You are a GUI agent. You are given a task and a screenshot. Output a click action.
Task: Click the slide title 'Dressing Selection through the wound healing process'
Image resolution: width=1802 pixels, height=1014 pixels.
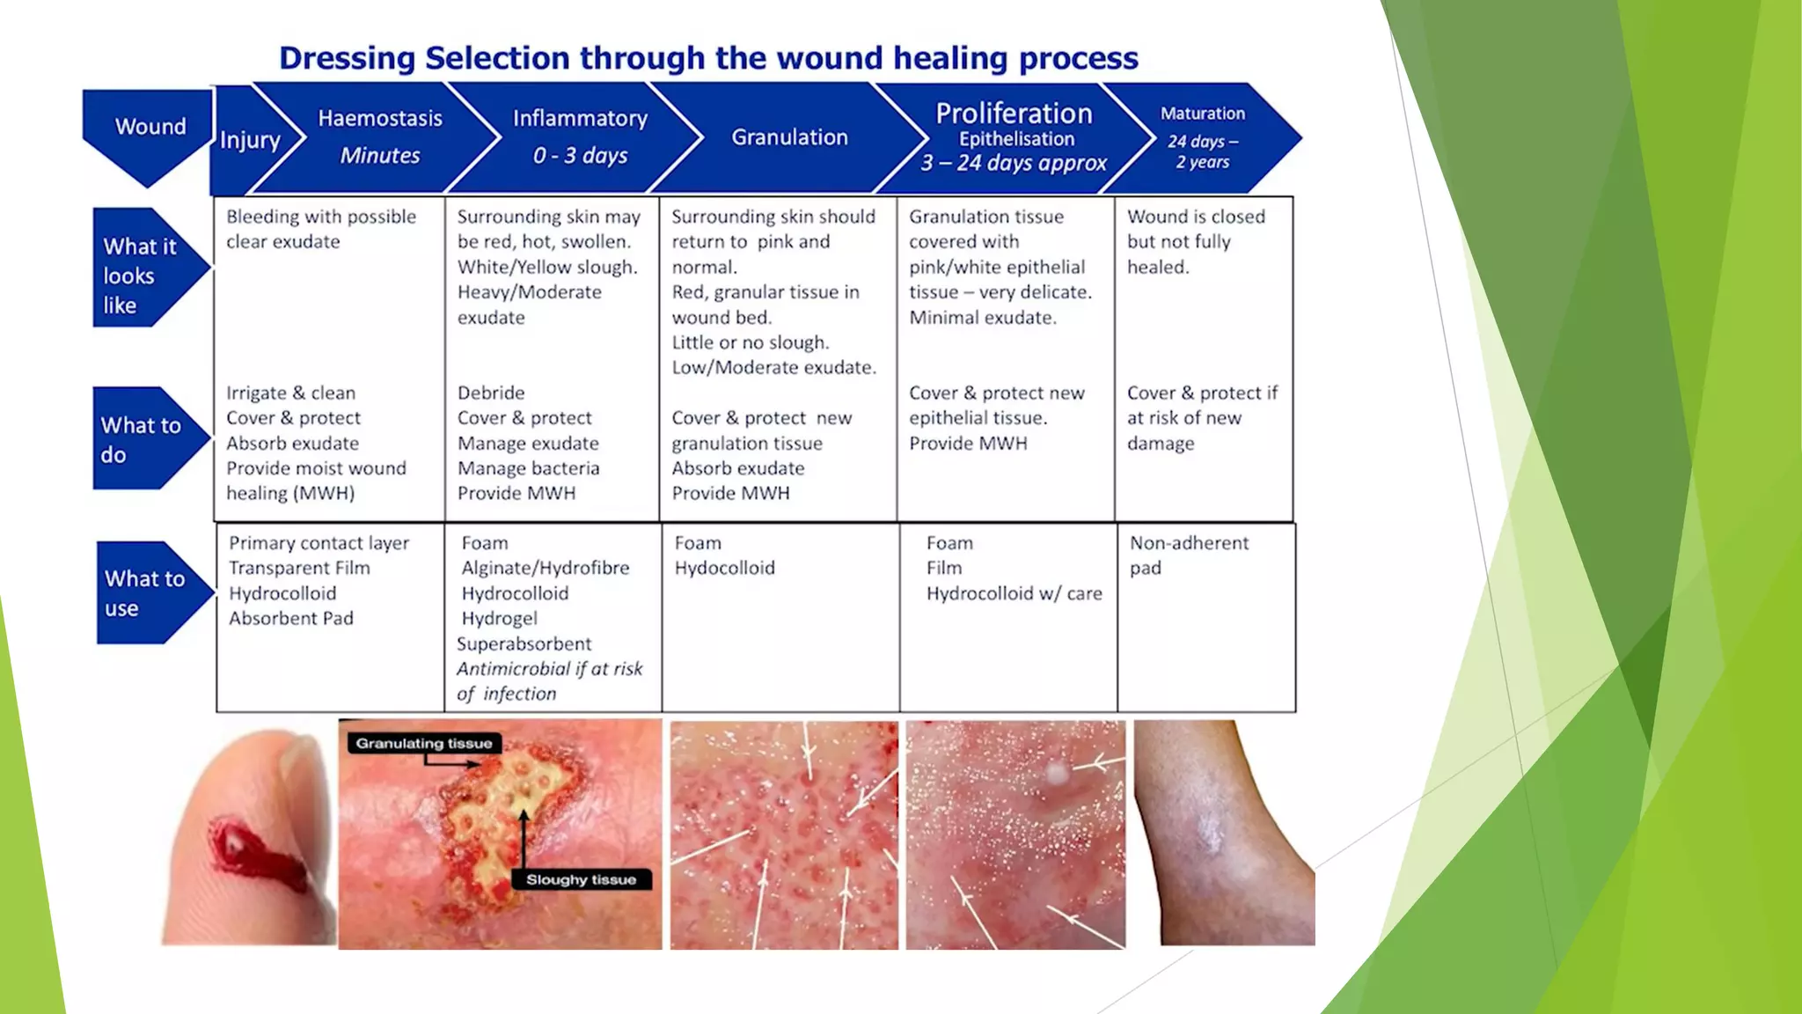[x=708, y=58]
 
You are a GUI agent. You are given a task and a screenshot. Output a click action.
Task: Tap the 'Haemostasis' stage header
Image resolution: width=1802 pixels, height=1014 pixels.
[x=380, y=119]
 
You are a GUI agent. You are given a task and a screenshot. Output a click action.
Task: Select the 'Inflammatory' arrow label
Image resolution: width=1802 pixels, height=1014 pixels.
[x=580, y=119]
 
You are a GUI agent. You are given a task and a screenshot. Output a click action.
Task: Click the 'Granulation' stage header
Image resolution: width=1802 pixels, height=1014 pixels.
[x=789, y=137]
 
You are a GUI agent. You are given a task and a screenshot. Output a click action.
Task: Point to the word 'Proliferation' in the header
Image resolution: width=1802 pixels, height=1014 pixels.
[x=1014, y=114]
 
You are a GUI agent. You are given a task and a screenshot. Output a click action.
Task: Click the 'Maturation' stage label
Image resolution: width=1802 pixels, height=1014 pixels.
[x=1202, y=114]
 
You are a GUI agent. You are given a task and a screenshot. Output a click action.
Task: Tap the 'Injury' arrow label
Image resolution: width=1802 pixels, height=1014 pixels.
[x=250, y=140]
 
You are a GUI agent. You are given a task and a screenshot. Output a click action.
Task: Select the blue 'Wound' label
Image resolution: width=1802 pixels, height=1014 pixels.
[x=150, y=127]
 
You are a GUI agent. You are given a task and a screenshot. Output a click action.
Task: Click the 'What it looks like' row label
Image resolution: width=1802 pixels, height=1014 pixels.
[x=139, y=276]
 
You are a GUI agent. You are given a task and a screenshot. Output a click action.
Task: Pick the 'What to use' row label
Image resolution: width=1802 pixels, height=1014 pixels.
[x=143, y=592]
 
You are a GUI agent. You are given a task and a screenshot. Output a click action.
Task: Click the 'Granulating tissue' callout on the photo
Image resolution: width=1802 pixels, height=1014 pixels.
[x=424, y=743]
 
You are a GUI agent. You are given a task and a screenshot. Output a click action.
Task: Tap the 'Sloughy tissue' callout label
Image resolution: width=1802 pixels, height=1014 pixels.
[x=581, y=879]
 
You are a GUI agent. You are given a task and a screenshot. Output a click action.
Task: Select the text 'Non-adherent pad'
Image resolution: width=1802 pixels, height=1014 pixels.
[x=1188, y=555]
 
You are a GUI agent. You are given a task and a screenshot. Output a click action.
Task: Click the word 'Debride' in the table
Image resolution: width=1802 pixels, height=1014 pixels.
[x=490, y=393]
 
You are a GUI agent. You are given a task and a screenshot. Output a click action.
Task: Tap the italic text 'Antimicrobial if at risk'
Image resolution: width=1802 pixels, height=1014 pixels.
[x=549, y=669]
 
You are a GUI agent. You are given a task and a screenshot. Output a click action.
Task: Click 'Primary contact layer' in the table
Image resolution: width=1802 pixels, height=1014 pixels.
[x=319, y=543]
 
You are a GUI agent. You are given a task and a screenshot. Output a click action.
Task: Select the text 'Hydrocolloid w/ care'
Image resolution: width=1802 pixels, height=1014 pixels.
[x=1014, y=593]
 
